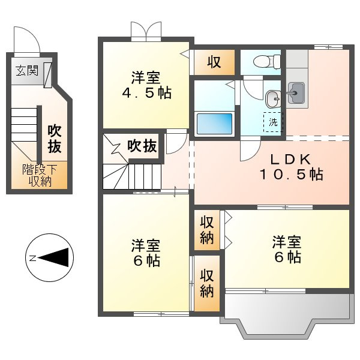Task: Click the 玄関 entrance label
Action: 27,71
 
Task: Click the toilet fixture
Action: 267,61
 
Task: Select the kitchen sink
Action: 296,94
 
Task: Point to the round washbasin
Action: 272,98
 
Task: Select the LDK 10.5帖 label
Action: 291,167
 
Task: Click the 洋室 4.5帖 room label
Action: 145,85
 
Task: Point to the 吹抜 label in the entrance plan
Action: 54,138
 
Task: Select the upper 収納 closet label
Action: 207,230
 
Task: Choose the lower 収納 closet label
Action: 207,283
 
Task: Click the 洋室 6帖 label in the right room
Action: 286,250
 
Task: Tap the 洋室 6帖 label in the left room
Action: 145,253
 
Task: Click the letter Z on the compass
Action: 33,259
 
